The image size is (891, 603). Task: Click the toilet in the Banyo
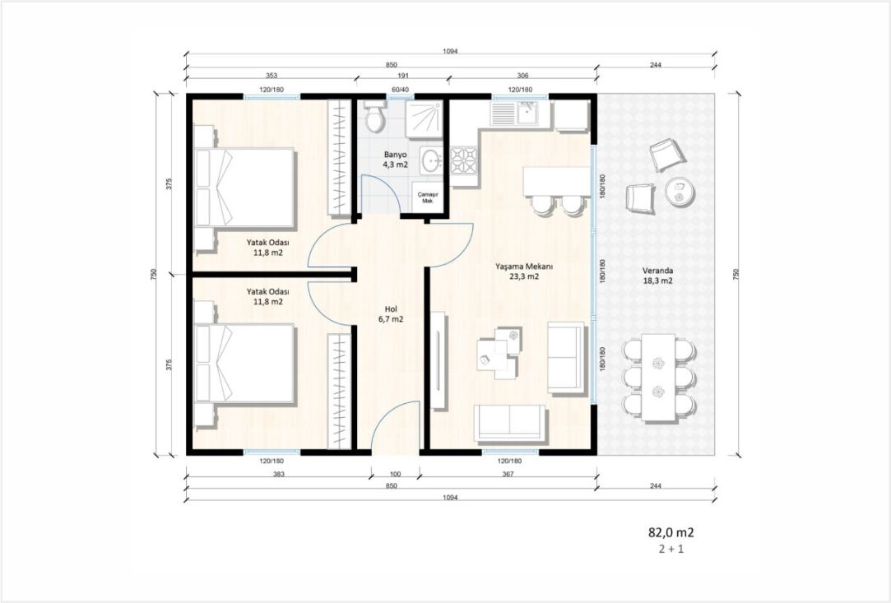coord(375,117)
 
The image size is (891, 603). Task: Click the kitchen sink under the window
coord(520,114)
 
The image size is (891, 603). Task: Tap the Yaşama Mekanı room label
coord(517,267)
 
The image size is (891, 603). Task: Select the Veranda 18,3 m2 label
coord(657,276)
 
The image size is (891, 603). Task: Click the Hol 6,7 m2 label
coord(391,313)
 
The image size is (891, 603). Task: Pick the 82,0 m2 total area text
coord(671,532)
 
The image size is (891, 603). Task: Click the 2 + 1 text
coord(671,550)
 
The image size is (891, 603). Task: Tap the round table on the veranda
coord(679,190)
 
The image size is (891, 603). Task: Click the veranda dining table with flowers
coord(658,377)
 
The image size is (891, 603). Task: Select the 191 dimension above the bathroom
coord(402,76)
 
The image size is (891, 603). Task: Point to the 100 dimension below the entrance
coord(396,474)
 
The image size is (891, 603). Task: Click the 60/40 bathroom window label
coord(400,90)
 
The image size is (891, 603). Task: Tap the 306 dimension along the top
coord(522,76)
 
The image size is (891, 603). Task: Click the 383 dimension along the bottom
coord(278,474)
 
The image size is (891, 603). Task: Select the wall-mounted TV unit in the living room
coord(439,360)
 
